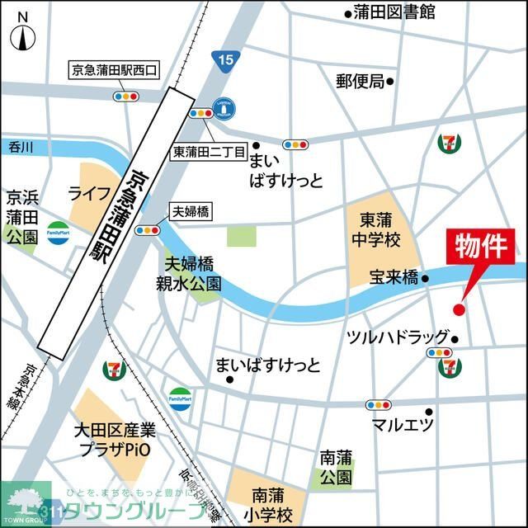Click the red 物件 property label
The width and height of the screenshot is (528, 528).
pyautogui.click(x=485, y=248)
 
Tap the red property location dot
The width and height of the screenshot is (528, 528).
pyautogui.click(x=460, y=309)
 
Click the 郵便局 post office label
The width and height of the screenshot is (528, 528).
pyautogui.click(x=360, y=81)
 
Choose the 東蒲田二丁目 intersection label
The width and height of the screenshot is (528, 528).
pyautogui.click(x=209, y=152)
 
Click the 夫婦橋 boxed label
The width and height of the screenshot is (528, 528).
pyautogui.click(x=190, y=212)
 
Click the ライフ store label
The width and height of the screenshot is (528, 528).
pyautogui.click(x=89, y=193)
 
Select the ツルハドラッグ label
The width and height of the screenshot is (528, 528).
pyautogui.click(x=397, y=337)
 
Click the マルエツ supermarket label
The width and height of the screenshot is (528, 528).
pyautogui.click(x=403, y=425)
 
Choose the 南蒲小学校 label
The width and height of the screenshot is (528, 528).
pyautogui.click(x=272, y=506)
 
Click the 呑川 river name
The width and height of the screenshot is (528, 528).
pyautogui.click(x=21, y=147)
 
